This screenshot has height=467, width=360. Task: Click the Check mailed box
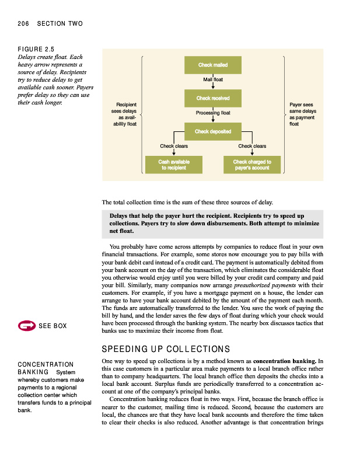[212, 65]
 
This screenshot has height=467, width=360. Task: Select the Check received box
[212, 98]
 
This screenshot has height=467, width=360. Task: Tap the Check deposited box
[212, 131]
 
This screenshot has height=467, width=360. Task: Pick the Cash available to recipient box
[174, 164]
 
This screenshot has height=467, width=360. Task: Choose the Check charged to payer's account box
[251, 164]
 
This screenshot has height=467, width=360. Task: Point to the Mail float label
[213, 79]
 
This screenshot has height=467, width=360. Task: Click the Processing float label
[213, 113]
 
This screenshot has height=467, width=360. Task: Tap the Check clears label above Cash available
[174, 146]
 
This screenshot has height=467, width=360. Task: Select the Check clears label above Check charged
[252, 146]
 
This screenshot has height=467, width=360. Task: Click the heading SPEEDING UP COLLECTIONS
[166, 349]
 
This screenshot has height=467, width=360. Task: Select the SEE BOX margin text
[53, 326]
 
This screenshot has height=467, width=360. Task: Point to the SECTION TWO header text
[60, 24]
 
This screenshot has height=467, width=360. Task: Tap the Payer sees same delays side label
[302, 114]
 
